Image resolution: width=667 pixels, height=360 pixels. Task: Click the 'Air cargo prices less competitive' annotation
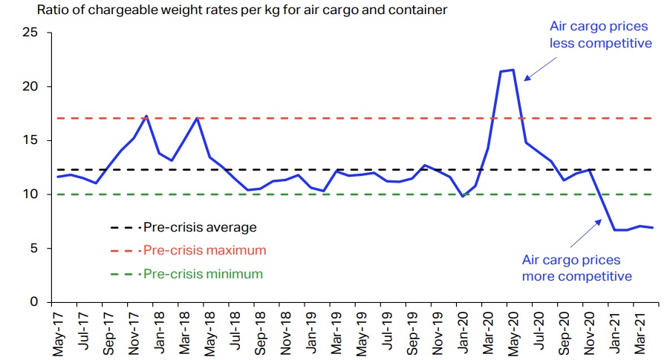(x=600, y=35)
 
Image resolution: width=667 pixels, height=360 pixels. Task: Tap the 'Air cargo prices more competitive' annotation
(x=576, y=269)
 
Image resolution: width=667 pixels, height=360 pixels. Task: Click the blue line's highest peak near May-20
(x=513, y=70)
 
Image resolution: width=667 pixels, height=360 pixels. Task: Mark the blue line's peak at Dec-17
(x=147, y=116)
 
